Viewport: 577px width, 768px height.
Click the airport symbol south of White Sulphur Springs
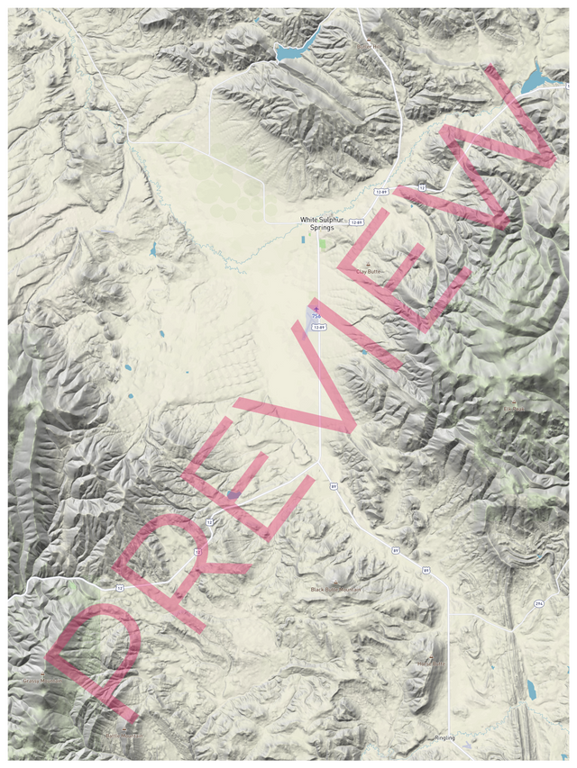316,309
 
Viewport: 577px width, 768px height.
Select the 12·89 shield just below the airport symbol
318,328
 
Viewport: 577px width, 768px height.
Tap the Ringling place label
444,738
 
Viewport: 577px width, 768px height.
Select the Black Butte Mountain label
335,590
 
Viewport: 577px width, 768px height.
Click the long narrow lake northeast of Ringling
530,691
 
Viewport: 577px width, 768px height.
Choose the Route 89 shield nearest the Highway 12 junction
334,486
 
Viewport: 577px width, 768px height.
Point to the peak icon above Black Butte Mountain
335,583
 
